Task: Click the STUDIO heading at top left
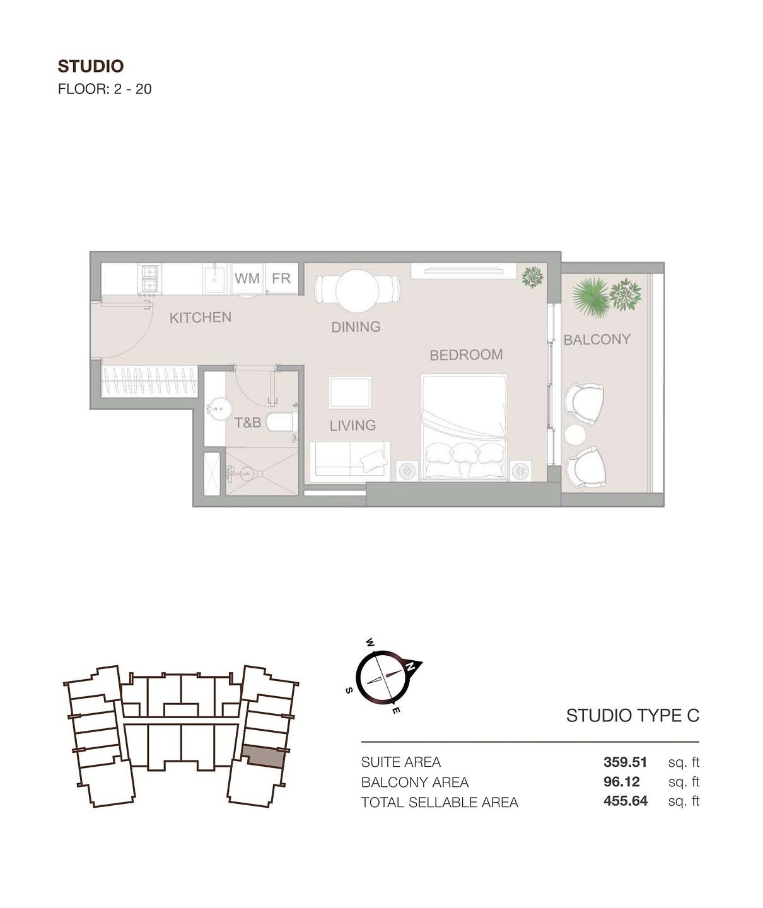[x=90, y=66]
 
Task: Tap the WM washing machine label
[x=247, y=278]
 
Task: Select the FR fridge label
[x=281, y=278]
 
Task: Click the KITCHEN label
[x=200, y=317]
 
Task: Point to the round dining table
[x=357, y=291]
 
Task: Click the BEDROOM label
[x=466, y=355]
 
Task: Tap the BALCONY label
[x=597, y=340]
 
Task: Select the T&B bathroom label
[x=247, y=422]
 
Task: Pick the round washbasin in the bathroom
[x=218, y=409]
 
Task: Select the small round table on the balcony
[x=575, y=434]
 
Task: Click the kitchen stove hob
[x=149, y=279]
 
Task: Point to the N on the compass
[x=411, y=666]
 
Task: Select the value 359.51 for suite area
[x=625, y=762]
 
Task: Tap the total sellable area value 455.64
[x=625, y=801]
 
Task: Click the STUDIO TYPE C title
[x=632, y=716]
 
